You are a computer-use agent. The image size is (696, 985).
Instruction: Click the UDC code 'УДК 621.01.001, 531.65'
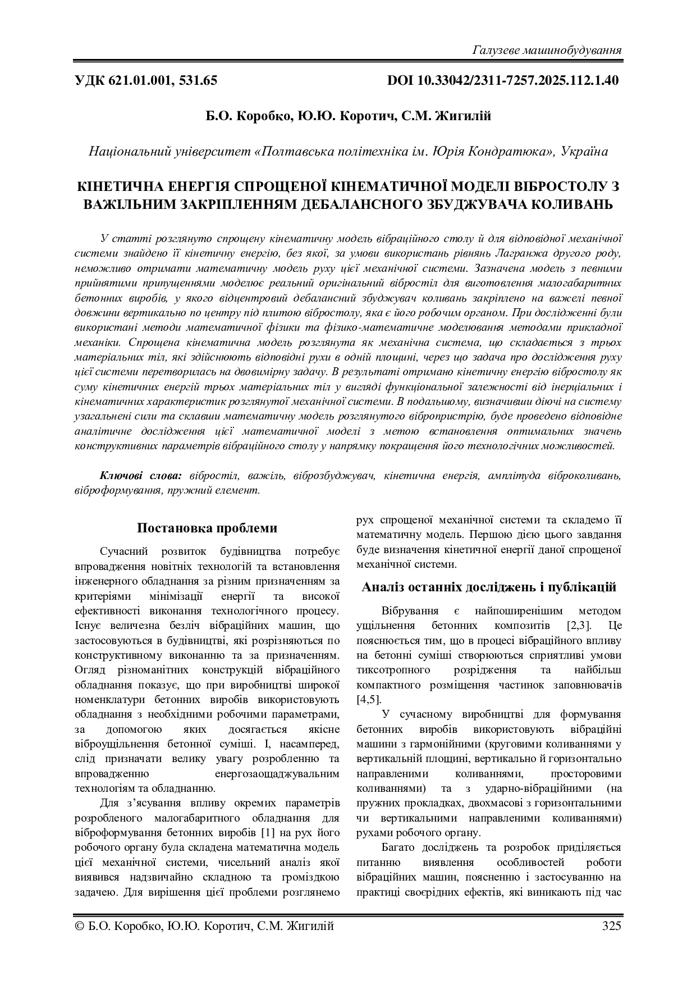[146, 80]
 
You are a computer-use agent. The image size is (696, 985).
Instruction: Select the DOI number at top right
[503, 80]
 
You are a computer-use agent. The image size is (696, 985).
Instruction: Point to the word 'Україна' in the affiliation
[584, 152]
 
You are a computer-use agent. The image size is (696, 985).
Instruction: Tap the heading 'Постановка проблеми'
[207, 528]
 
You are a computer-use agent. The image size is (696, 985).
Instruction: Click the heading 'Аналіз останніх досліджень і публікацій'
[488, 587]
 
